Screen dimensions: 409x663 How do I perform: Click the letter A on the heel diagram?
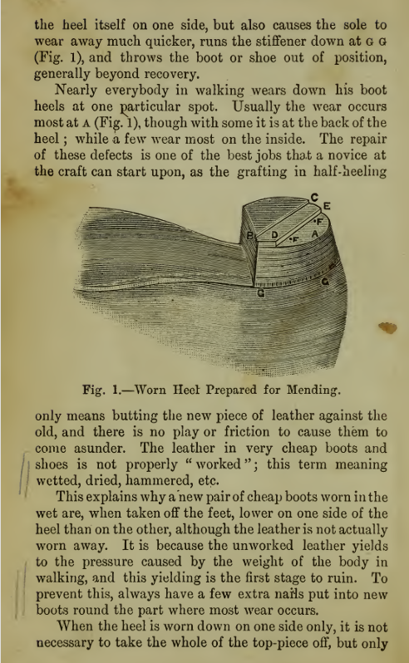point(314,235)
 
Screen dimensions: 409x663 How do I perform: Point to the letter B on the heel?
point(249,237)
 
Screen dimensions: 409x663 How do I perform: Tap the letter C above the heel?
point(314,197)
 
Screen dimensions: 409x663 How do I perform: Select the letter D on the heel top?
point(275,236)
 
